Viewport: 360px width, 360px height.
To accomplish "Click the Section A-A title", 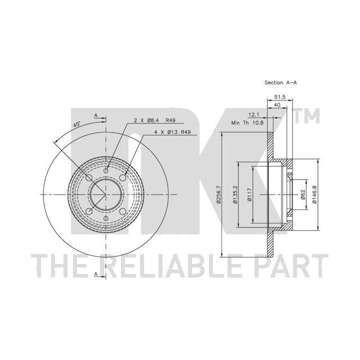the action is point(280,82).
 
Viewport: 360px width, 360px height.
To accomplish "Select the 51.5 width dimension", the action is point(280,97).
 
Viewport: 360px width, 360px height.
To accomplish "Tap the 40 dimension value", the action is point(277,105).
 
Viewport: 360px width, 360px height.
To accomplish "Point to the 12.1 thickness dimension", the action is point(253,114).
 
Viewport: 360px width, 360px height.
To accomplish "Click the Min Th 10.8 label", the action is point(247,123).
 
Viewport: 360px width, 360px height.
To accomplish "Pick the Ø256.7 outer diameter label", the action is point(218,194).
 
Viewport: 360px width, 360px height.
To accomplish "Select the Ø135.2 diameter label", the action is point(235,194).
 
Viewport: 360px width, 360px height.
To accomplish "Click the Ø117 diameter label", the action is point(249,194).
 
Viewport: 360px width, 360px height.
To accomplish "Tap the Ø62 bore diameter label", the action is point(303,194).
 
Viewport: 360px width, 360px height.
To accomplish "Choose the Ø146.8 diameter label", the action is point(314,194).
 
